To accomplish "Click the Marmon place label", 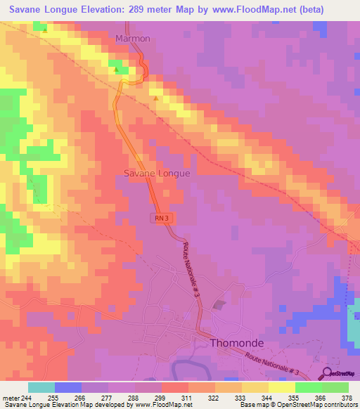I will [133, 39].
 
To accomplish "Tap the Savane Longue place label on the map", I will [157, 172].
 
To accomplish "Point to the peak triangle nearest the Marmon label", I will [117, 69].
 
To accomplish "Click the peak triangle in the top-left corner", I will [45, 30].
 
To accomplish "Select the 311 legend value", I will [188, 398].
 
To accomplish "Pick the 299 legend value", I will [161, 398].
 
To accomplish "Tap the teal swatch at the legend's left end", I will [41, 387].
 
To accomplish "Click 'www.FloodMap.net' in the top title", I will [264, 9].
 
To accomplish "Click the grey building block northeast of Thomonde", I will [219, 304].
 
